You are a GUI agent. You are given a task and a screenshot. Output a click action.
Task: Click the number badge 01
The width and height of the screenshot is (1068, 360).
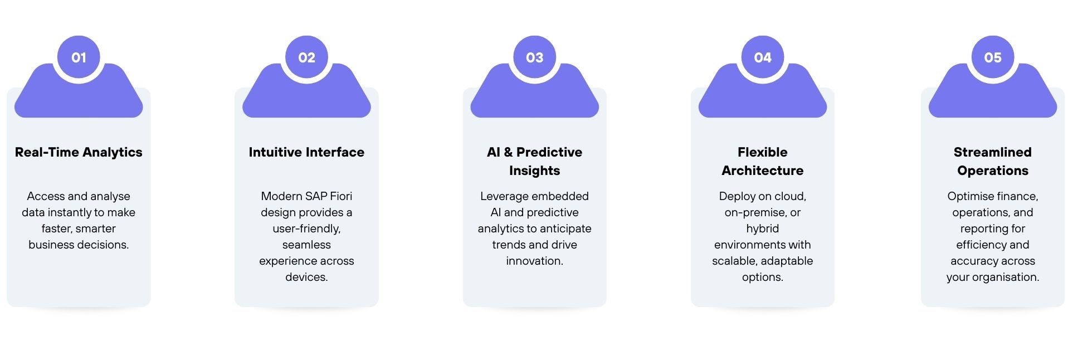click(79, 57)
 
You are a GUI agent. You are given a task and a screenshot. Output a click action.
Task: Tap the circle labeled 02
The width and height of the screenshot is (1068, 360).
click(306, 57)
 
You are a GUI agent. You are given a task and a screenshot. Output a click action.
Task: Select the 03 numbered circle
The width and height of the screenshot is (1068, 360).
click(535, 57)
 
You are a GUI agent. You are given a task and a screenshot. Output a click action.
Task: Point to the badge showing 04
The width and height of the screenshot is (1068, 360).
click(763, 57)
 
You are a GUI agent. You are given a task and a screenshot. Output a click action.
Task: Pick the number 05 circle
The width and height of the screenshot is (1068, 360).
click(993, 57)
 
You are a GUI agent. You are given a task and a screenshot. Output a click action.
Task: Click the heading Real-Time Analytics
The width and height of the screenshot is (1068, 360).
click(79, 152)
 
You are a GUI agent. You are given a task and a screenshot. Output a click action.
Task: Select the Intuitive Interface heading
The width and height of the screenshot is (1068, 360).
click(306, 152)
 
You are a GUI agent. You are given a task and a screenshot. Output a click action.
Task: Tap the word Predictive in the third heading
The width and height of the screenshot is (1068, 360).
click(549, 152)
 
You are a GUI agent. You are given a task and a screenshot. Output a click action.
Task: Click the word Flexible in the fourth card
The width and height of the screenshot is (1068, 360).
click(763, 152)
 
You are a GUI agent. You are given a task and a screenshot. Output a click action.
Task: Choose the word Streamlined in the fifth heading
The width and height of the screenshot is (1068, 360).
click(993, 152)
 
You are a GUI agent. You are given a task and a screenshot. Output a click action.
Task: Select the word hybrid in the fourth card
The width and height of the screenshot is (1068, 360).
click(763, 228)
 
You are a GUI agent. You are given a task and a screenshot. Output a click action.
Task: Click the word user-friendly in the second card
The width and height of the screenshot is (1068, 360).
click(306, 229)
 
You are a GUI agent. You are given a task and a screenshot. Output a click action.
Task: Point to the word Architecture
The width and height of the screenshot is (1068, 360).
click(763, 171)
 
